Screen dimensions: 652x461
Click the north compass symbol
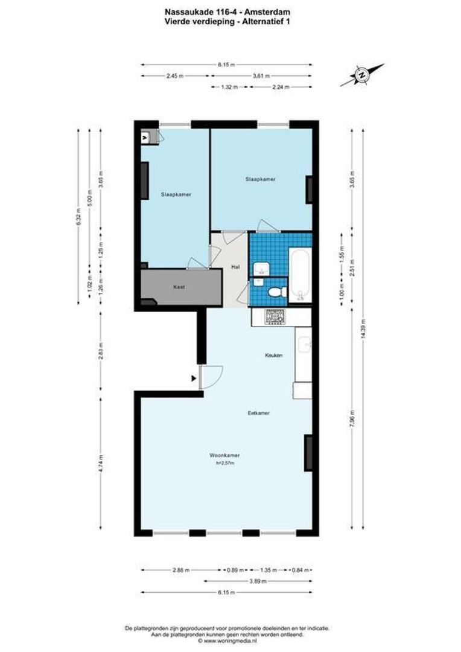pyautogui.click(x=361, y=75)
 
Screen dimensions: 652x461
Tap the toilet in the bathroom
pyautogui.click(x=276, y=292)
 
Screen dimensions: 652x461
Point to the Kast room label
pyautogui.click(x=179, y=287)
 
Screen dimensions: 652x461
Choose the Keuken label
pyautogui.click(x=274, y=356)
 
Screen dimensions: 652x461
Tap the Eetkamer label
pyautogui.click(x=258, y=414)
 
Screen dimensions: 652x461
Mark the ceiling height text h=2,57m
pyautogui.click(x=225, y=464)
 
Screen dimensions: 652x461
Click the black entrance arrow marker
pyautogui.click(x=194, y=379)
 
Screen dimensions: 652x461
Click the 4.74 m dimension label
pyautogui.click(x=101, y=464)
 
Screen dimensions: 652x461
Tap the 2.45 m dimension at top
pyautogui.click(x=175, y=76)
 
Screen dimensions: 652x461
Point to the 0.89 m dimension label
pyautogui.click(x=235, y=569)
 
